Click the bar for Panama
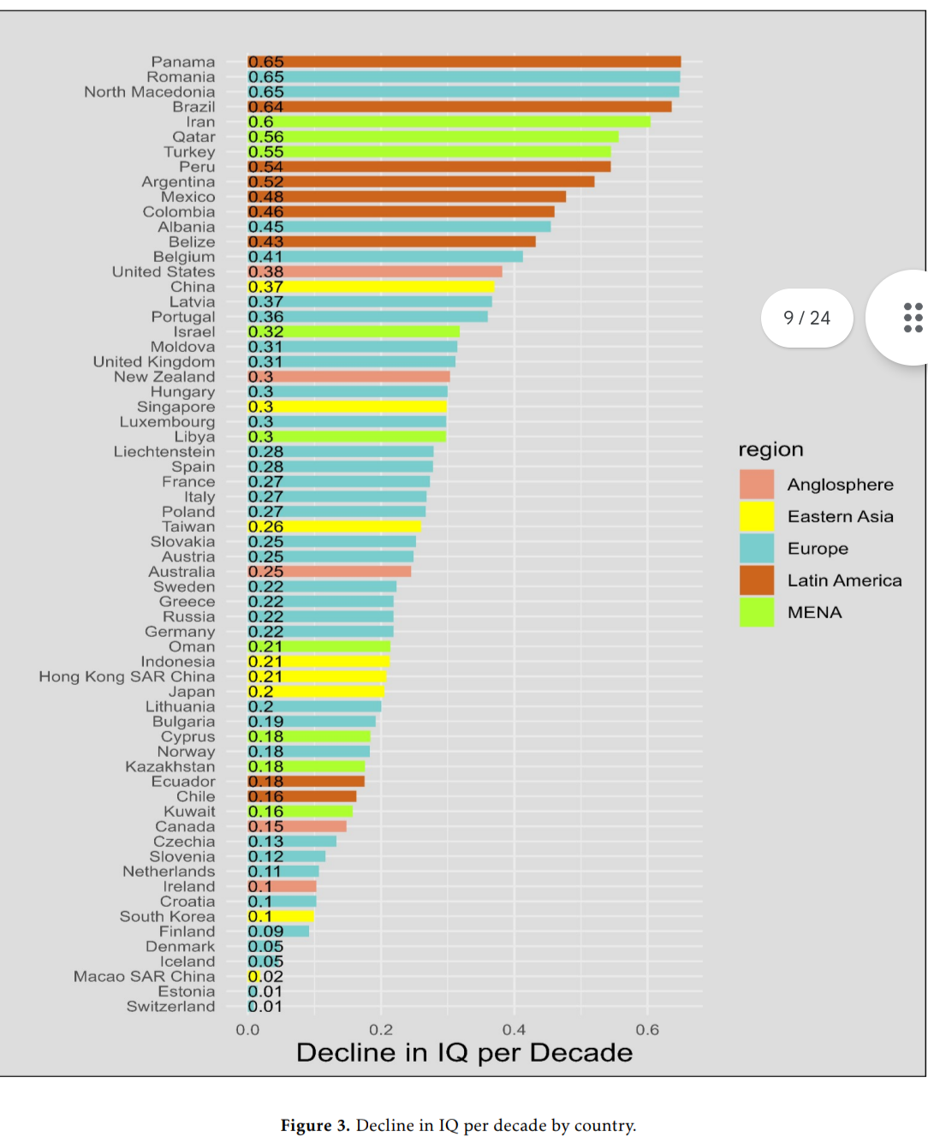point(464,62)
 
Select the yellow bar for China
point(371,287)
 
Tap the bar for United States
point(375,271)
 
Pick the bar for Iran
point(449,122)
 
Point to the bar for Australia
point(330,571)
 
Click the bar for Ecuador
point(306,781)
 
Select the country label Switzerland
point(171,1006)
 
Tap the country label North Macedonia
point(150,92)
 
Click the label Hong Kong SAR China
point(127,676)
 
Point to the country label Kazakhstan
point(170,766)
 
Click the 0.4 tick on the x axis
point(514,1029)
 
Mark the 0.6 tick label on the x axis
point(647,1029)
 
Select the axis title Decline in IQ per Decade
point(464,1052)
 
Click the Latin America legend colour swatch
point(757,580)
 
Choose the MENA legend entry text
point(814,612)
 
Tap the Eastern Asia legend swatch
point(757,516)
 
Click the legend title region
point(770,449)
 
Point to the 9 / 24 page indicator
point(806,318)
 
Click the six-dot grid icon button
point(913,318)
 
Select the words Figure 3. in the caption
point(315,1125)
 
